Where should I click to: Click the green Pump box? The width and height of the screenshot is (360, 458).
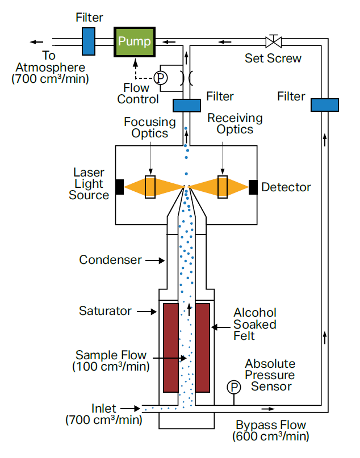click(x=135, y=41)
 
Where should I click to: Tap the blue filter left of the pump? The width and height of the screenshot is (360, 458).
click(x=89, y=41)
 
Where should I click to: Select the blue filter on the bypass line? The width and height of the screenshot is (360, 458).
click(x=324, y=105)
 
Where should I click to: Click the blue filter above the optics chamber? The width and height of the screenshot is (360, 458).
click(x=186, y=105)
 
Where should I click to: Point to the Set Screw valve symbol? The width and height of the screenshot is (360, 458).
click(x=273, y=41)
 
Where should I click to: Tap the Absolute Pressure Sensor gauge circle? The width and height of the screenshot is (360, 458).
click(x=233, y=387)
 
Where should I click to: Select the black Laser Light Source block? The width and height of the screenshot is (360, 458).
click(x=120, y=187)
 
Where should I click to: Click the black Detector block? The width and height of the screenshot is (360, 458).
click(x=253, y=187)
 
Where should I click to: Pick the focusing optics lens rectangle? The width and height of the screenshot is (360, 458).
click(x=150, y=187)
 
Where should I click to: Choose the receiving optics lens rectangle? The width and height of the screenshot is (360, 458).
click(x=222, y=187)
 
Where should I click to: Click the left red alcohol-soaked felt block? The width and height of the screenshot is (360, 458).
click(x=171, y=347)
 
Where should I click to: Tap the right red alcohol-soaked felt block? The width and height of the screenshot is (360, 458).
click(x=203, y=347)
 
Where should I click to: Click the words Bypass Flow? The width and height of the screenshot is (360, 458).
click(x=270, y=425)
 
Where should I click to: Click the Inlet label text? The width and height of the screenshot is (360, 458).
click(x=103, y=409)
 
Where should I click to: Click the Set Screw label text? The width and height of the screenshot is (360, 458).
click(x=273, y=58)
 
